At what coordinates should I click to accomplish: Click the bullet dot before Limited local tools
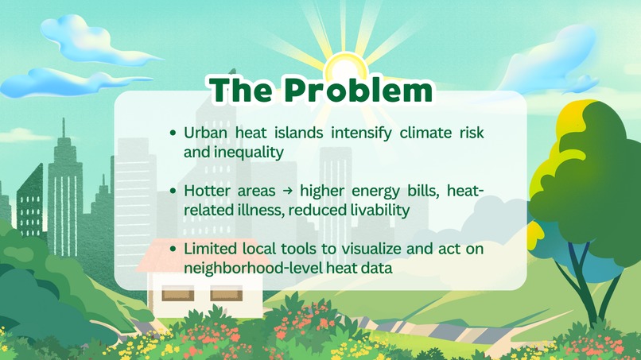click(x=173, y=250)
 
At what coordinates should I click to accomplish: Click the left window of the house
click(x=177, y=296)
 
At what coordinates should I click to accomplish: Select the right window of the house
click(x=225, y=296)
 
